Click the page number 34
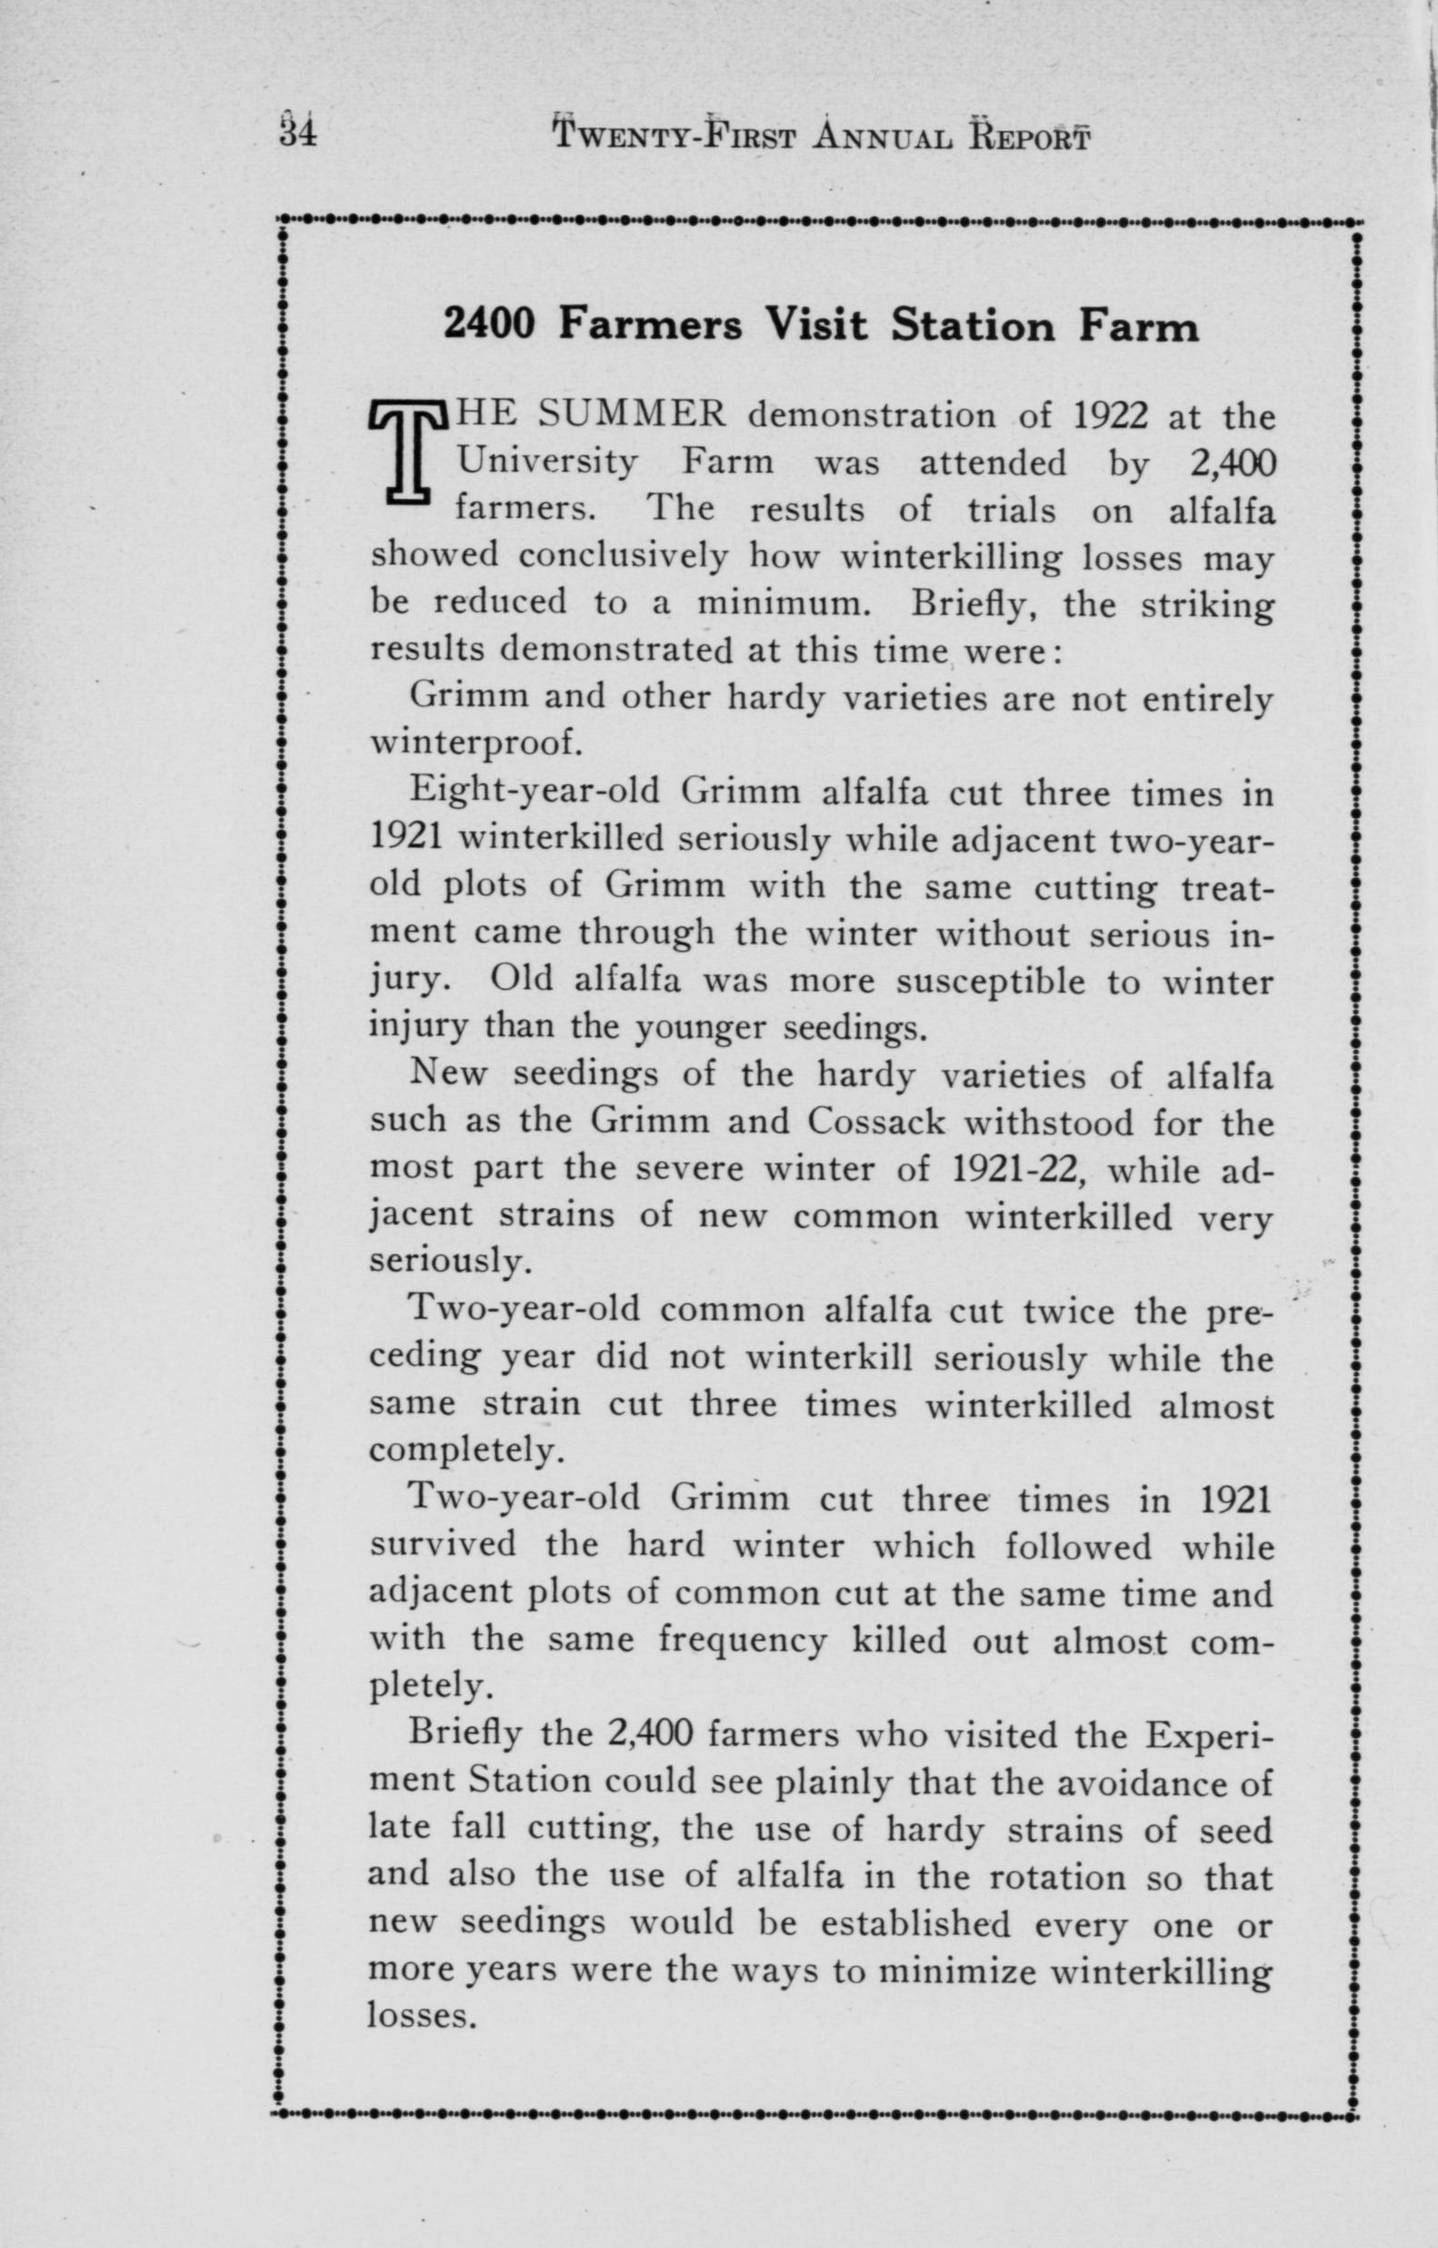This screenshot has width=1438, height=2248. coord(298,131)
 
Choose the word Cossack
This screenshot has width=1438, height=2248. coord(877,1121)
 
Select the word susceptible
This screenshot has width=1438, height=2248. coord(965,981)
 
